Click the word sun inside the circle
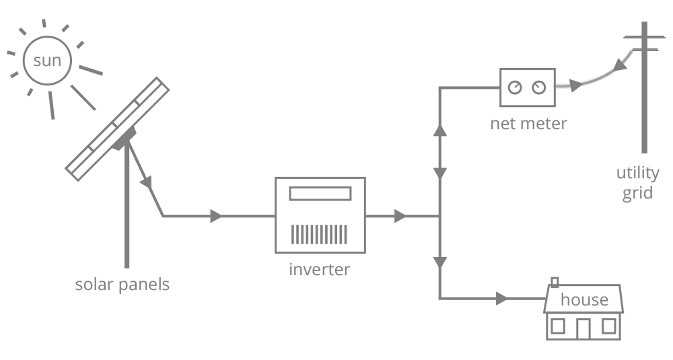[47, 61]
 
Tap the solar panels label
[122, 285]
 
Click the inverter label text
[320, 270]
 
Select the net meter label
[528, 124]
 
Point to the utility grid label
[635, 184]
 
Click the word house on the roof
[584, 299]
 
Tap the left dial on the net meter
[516, 87]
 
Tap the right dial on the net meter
[538, 87]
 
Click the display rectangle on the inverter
[320, 194]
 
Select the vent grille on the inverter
[320, 233]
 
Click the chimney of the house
[555, 282]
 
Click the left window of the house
[558, 326]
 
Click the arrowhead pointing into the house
[501, 297]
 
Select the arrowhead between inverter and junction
[400, 216]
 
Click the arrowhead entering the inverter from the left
[216, 216]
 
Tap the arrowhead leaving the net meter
[573, 86]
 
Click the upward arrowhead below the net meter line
[441, 130]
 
